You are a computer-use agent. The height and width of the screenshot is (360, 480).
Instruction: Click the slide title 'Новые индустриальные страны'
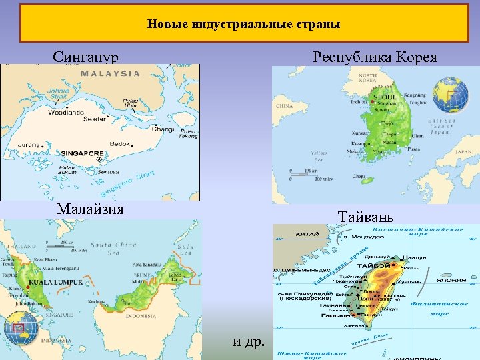243,25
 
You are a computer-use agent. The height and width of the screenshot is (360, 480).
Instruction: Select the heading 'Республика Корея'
375,57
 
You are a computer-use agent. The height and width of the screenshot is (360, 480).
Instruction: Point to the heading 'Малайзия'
90,209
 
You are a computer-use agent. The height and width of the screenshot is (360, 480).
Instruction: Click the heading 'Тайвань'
366,217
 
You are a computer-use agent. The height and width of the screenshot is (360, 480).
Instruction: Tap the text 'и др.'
249,342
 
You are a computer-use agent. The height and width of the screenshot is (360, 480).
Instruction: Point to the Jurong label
30,144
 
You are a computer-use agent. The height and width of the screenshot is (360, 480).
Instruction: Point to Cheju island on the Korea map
360,177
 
